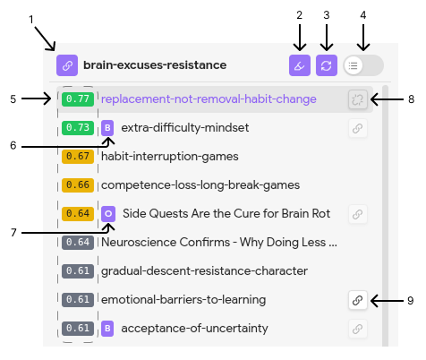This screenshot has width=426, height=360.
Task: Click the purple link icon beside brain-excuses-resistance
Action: pyautogui.click(x=67, y=65)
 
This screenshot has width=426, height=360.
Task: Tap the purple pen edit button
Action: pyautogui.click(x=300, y=65)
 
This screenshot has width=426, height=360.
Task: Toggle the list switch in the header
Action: pyautogui.click(x=363, y=65)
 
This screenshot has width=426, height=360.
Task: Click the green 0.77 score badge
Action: pyautogui.click(x=78, y=99)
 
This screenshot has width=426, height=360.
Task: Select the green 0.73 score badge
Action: pyautogui.click(x=78, y=128)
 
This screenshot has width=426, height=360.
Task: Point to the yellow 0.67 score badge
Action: pyautogui.click(x=78, y=157)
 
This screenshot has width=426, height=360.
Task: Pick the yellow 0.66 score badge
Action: pyautogui.click(x=78, y=185)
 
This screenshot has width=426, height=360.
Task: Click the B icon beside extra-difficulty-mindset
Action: pyautogui.click(x=107, y=128)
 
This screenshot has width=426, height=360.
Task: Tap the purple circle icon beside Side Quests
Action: pyautogui.click(x=108, y=214)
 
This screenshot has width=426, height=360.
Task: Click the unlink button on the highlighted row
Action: pyautogui.click(x=358, y=99)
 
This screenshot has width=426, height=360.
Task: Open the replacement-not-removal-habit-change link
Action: pyautogui.click(x=209, y=99)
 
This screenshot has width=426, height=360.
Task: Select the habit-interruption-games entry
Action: pyautogui.click(x=170, y=157)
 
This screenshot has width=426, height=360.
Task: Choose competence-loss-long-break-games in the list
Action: pyautogui.click(x=200, y=185)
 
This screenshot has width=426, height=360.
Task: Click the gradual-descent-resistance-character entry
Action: pyautogui.click(x=204, y=271)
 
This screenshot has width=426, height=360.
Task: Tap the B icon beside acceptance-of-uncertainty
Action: pyautogui.click(x=107, y=329)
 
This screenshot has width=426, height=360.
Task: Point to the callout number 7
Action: pyautogui.click(x=13, y=233)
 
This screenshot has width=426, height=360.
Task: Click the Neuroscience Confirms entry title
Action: pyautogui.click(x=219, y=242)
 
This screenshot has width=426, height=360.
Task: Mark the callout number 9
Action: pyautogui.click(x=411, y=301)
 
